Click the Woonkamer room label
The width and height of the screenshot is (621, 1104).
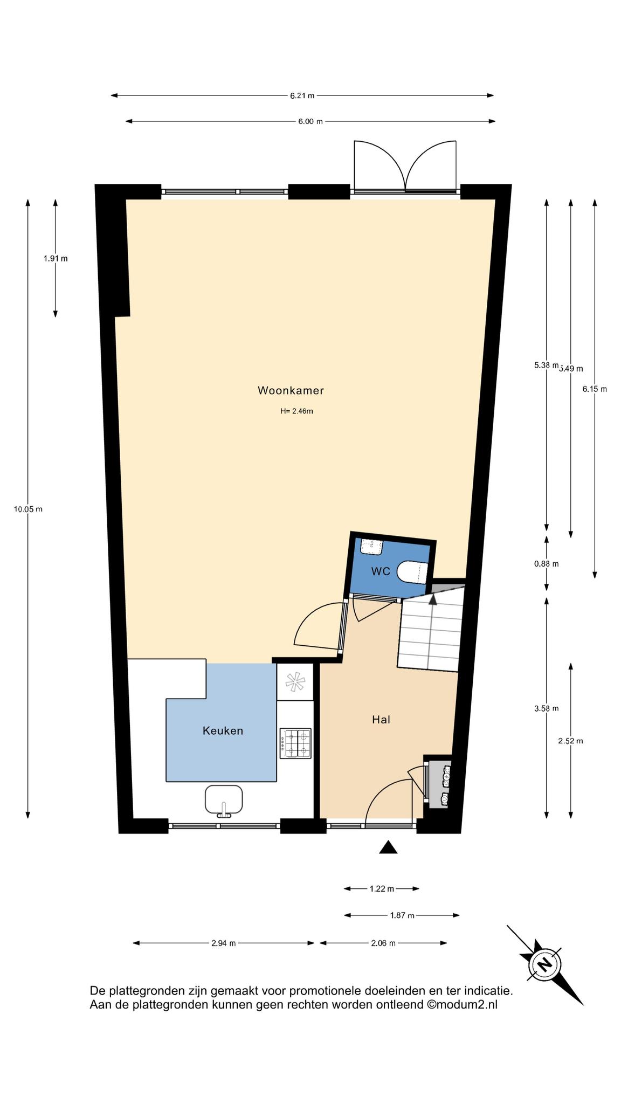tap(291, 390)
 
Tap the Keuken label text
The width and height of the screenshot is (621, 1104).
tap(223, 731)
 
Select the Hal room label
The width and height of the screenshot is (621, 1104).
tap(381, 719)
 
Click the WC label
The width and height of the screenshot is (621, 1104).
tap(380, 571)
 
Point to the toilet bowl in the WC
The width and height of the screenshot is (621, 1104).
tap(413, 572)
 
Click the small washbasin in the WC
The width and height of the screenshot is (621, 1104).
tap(371, 547)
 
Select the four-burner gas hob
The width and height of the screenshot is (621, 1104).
tap(295, 743)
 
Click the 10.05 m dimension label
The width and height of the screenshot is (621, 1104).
tap(28, 509)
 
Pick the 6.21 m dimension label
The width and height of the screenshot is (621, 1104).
tap(302, 96)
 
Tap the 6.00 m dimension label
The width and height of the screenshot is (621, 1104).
tap(310, 122)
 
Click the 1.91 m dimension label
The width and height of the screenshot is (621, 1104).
tap(56, 258)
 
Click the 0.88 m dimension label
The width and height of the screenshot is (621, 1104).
tap(546, 564)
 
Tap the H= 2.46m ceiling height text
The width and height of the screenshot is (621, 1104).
tap(296, 411)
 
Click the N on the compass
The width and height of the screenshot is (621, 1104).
tap(545, 963)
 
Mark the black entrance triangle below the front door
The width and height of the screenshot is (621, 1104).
tap(388, 847)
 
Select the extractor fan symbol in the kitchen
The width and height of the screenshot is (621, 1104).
tap(295, 682)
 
